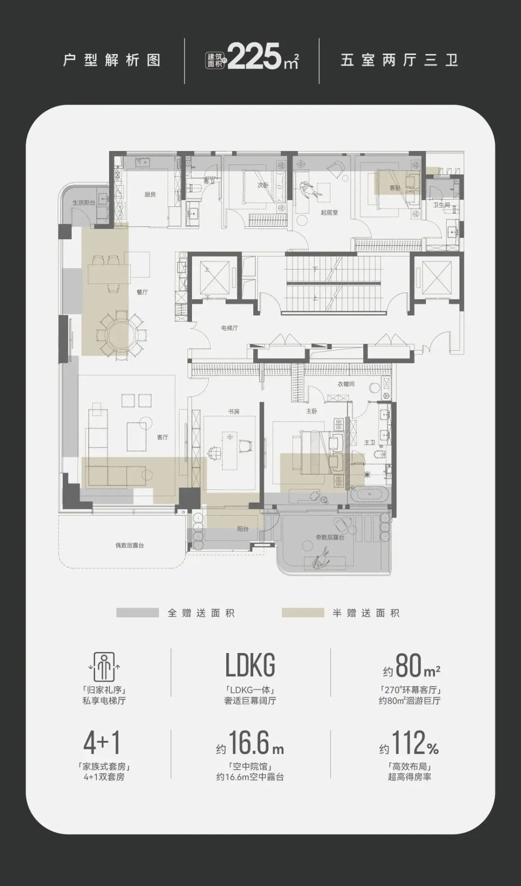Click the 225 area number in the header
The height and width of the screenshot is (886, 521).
(254, 56)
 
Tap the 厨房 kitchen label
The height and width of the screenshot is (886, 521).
(150, 194)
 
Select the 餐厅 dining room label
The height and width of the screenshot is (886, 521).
(142, 292)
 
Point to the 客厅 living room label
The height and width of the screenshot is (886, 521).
(163, 437)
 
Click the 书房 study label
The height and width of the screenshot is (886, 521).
(234, 411)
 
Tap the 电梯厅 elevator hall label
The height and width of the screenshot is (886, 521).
(230, 328)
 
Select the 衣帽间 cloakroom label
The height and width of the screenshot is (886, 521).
(346, 384)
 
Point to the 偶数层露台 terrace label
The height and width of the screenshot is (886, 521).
(129, 545)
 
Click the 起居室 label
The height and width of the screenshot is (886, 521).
(329, 212)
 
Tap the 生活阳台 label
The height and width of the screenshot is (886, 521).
(84, 203)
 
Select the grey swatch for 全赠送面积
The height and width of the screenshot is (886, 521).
(137, 613)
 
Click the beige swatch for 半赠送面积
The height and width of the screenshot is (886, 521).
(303, 613)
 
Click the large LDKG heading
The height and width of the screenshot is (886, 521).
(250, 665)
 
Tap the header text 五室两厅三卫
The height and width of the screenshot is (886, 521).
(399, 60)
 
